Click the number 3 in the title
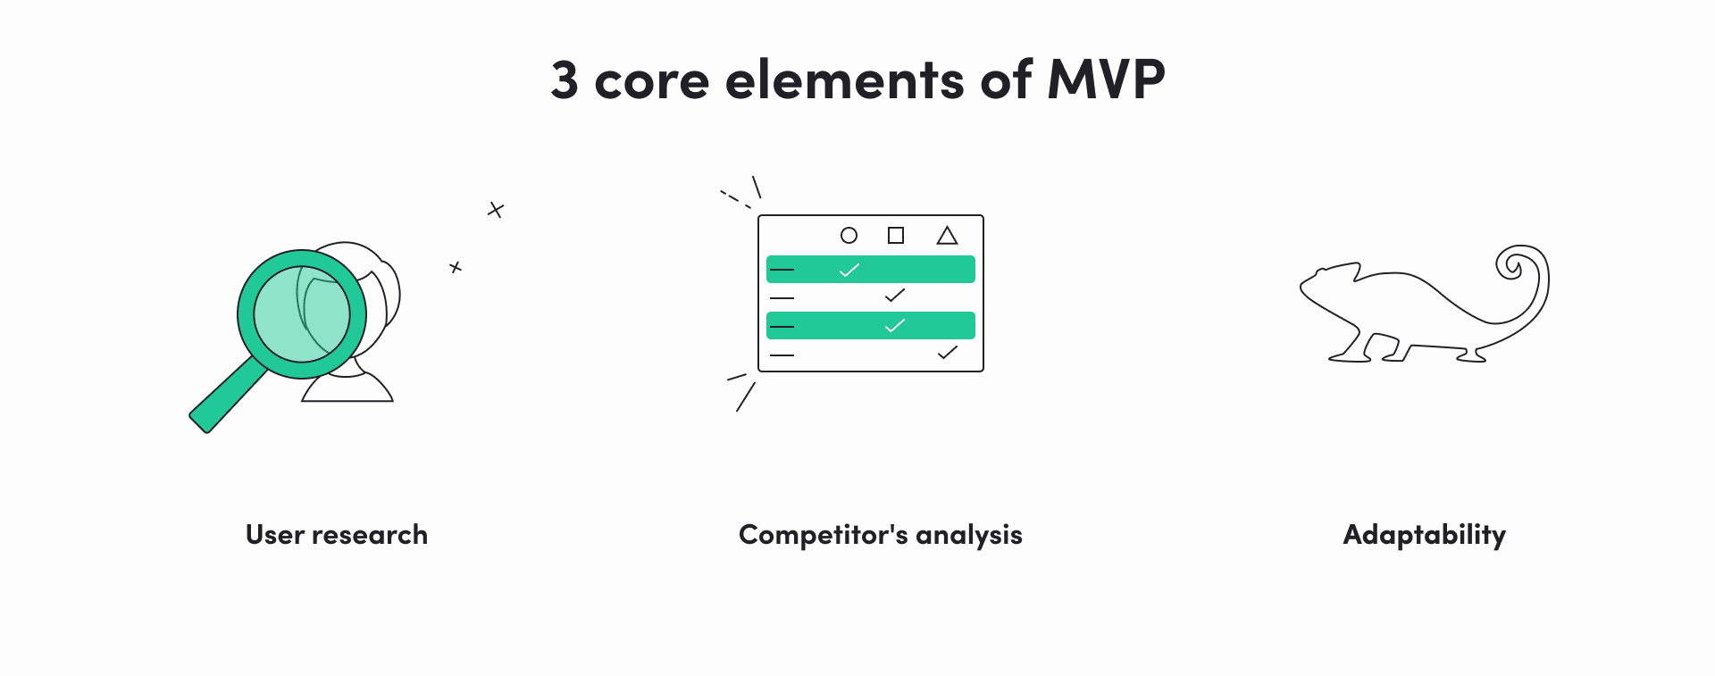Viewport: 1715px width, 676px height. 565,79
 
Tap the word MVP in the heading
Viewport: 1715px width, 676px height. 1106,79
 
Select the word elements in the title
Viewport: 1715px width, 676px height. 844,79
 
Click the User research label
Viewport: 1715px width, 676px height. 337,535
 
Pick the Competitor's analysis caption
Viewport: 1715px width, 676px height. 880,535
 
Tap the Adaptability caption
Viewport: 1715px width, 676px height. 1424,535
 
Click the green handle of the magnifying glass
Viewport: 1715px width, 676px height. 227,396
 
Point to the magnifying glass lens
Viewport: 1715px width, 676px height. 302,314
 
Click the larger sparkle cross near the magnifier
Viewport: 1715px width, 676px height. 496,210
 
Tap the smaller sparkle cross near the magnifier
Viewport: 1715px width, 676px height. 456,267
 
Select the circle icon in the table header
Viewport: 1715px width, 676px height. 849,236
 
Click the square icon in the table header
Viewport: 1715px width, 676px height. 896,236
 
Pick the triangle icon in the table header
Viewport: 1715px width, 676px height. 947,237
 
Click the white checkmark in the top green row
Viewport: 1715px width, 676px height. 849,270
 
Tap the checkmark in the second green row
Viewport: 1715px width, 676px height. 894,326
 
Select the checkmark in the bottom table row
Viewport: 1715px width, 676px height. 948,353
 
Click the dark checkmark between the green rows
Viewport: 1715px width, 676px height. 894,296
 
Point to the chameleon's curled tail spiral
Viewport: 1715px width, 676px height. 1515,265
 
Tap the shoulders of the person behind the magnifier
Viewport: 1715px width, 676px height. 348,388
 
